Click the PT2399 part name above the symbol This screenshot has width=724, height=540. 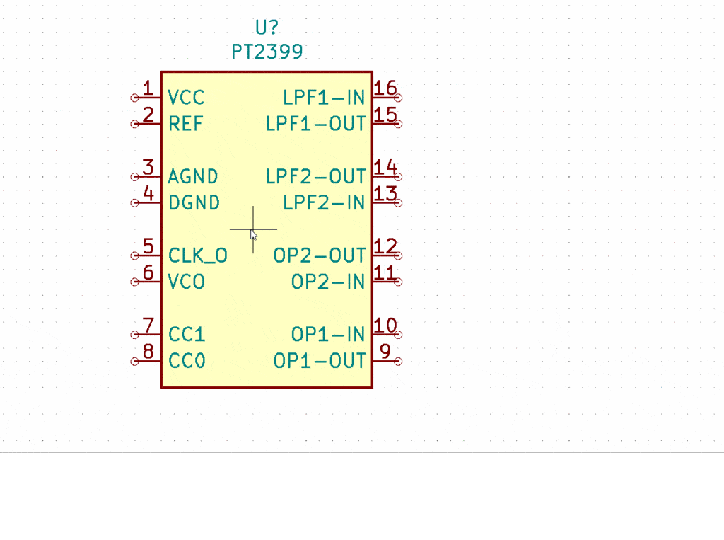(267, 52)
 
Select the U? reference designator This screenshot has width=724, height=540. (267, 28)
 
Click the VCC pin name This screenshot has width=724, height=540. (186, 98)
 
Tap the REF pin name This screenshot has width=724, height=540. (185, 124)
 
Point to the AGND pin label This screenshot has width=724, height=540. (193, 176)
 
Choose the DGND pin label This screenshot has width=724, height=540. (194, 203)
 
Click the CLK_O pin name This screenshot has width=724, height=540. (197, 255)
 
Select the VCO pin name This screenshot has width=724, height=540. (187, 282)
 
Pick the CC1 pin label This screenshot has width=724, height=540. (187, 334)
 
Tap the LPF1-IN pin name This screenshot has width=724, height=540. (324, 98)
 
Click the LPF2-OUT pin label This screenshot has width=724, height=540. (315, 176)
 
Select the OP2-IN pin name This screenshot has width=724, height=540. (328, 282)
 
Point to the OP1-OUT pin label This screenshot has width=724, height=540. (320, 361)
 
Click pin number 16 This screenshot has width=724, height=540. (385, 88)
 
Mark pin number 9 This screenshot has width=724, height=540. (385, 352)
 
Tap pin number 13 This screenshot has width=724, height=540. (385, 194)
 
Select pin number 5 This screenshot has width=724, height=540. (148, 246)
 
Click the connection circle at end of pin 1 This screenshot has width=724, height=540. (134, 98)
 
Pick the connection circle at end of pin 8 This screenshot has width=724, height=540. (134, 361)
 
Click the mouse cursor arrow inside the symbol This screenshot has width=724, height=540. (254, 235)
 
